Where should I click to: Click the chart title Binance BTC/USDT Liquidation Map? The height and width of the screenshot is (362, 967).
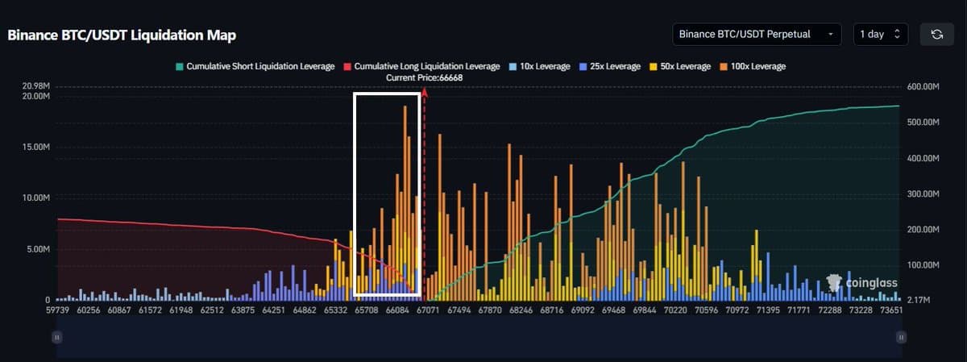click(122, 35)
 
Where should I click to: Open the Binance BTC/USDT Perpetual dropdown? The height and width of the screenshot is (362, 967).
click(757, 35)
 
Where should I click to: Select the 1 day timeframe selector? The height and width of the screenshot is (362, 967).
click(880, 35)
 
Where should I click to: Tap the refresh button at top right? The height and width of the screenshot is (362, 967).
click(936, 35)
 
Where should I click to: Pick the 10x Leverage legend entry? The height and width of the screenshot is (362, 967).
click(534, 66)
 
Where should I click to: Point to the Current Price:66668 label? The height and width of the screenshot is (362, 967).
click(423, 77)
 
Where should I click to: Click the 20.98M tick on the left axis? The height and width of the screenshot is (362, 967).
click(35, 85)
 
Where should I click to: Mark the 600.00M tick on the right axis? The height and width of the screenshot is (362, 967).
click(923, 86)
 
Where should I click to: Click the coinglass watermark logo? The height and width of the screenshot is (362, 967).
click(862, 283)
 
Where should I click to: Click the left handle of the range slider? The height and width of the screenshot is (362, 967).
click(57, 337)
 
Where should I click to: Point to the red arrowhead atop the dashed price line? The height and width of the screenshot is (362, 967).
click(424, 92)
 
